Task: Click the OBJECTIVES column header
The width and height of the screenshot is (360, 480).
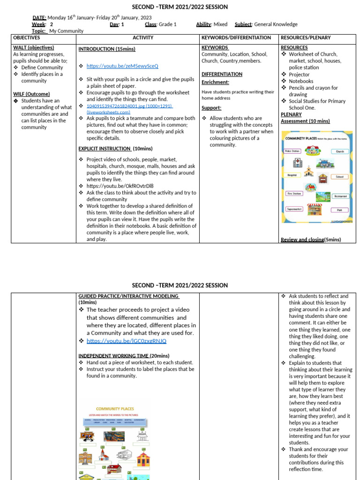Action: tap(27, 37)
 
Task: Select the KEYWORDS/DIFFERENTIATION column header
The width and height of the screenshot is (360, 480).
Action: tap(236, 37)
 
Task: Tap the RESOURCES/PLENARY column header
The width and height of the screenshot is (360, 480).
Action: tap(305, 37)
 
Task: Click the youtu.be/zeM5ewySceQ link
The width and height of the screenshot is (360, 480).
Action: tap(122, 66)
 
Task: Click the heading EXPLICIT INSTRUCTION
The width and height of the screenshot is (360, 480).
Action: tap(105, 149)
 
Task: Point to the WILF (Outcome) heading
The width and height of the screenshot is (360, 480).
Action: tap(31, 94)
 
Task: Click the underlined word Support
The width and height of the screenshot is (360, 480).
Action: tap(211, 108)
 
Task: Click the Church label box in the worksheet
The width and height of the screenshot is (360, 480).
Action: tap(340, 151)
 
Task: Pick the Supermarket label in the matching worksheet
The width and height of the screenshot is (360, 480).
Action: tap(294, 209)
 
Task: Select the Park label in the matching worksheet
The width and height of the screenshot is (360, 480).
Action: tap(339, 210)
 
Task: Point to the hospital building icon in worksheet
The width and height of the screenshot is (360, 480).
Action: tap(297, 163)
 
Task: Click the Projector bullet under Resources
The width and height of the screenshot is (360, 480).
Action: tap(299, 75)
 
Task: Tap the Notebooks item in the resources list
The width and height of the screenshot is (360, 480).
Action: tap(301, 81)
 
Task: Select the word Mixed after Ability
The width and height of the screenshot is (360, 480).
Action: tap(220, 24)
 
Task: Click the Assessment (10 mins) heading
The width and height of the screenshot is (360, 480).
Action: tap(305, 121)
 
